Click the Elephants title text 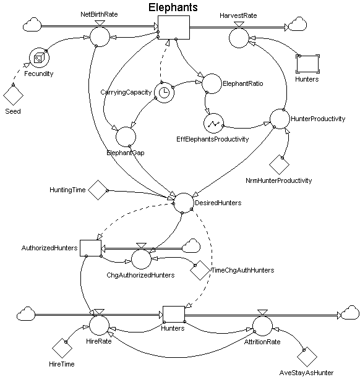(173, 7)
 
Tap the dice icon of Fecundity (39, 57)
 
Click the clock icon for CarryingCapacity (164, 93)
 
